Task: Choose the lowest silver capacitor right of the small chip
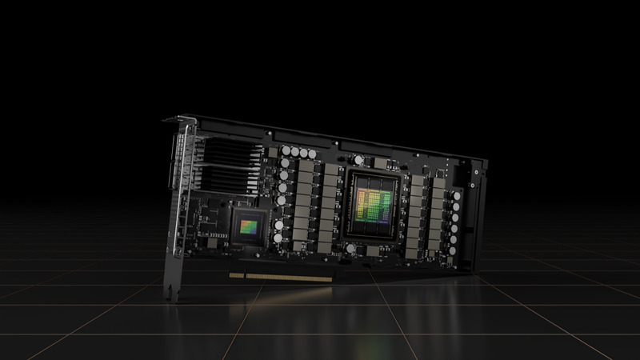pyautogui.click(x=278, y=237)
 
